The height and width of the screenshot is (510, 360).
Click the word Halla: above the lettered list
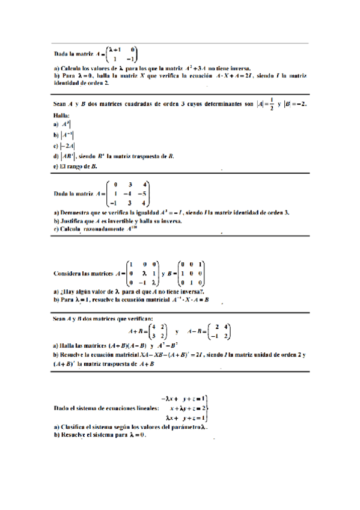[61, 114]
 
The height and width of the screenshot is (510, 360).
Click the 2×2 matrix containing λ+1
[121, 54]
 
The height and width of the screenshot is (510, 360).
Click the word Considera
[70, 273]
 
